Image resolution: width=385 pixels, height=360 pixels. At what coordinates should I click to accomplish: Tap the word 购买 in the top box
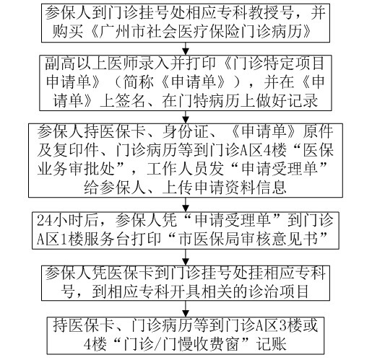[x=67, y=31]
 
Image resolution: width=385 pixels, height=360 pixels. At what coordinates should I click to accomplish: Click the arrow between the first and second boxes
[x=186, y=48]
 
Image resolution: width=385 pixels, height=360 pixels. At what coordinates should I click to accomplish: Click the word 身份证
[x=186, y=131]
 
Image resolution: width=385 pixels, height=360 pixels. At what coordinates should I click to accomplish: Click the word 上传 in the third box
[x=178, y=188]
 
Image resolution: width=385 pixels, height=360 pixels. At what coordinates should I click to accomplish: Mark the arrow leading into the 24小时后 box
[x=186, y=205]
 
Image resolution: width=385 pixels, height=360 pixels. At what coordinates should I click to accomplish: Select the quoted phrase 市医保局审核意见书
[x=253, y=238]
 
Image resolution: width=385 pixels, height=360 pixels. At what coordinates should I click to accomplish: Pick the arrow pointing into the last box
[x=186, y=309]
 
